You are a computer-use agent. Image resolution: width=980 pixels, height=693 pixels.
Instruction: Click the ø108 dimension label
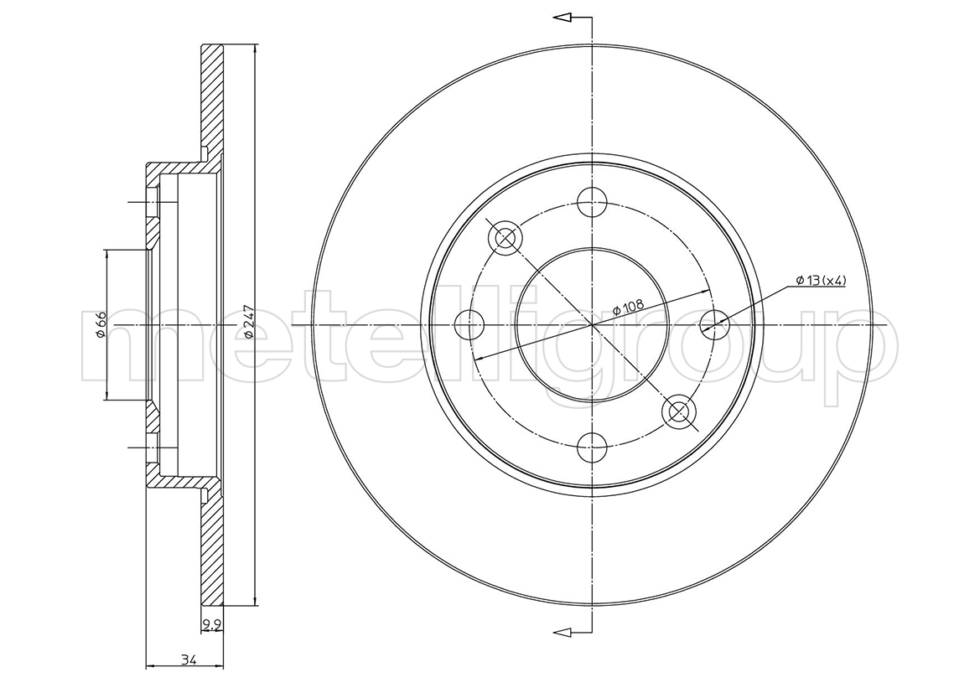pyautogui.click(x=628, y=307)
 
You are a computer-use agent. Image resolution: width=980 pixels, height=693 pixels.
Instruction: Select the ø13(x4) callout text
pyautogui.click(x=821, y=281)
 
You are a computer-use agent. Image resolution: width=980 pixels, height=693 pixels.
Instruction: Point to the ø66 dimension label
pyautogui.click(x=100, y=325)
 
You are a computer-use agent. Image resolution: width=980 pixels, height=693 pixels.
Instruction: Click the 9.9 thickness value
pyautogui.click(x=211, y=623)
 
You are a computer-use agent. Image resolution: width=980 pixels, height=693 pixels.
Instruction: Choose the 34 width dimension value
pyautogui.click(x=187, y=659)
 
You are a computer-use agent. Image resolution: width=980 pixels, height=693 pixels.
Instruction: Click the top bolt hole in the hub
pyautogui.click(x=592, y=201)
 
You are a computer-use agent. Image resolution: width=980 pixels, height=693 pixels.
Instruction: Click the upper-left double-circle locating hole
pyautogui.click(x=505, y=238)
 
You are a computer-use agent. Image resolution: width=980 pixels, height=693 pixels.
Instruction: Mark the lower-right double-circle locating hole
pyautogui.click(x=679, y=411)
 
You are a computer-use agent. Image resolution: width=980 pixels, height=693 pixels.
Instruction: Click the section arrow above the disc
pyautogui.click(x=573, y=18)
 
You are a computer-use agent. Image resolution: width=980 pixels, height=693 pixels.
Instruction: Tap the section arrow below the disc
pyautogui.click(x=573, y=633)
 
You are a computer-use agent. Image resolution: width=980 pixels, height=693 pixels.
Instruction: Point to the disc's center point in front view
pyautogui.click(x=592, y=325)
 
